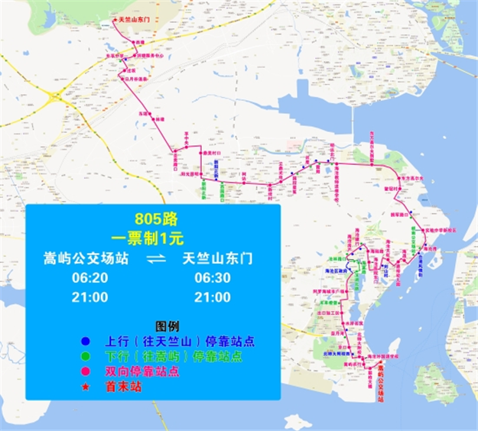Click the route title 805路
153,216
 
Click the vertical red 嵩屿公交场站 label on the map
380,388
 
